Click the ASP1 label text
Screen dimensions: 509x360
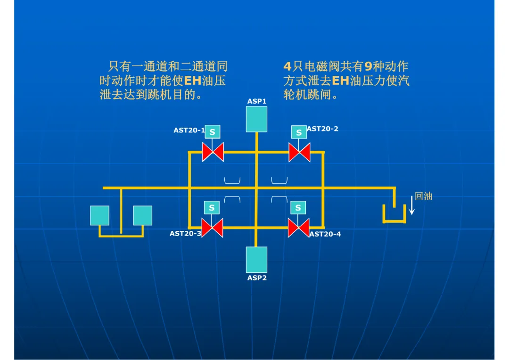pos(257,101)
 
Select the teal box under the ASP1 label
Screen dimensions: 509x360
pos(256,119)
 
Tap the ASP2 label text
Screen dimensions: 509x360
pos(257,278)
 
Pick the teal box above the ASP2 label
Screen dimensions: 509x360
pos(256,260)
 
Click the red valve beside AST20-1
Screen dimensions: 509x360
pos(213,152)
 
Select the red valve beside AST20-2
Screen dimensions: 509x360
pos(299,152)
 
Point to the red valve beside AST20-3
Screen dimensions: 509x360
pos(212,228)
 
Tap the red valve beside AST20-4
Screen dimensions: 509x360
pos(299,228)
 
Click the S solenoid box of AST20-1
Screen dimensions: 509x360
pos(212,132)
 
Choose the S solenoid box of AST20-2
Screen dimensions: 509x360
pos(299,132)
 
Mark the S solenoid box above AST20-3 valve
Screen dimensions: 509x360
pos(212,207)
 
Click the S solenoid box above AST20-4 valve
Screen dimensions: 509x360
pos(298,207)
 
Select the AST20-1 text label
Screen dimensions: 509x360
pos(189,130)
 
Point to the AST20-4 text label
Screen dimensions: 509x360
pos(325,234)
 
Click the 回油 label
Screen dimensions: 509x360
pos(423,196)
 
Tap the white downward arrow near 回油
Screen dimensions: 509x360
pos(411,205)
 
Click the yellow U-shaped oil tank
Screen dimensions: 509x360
pos(394,221)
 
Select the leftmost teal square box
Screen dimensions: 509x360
pos(99,215)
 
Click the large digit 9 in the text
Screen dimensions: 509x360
pos(368,66)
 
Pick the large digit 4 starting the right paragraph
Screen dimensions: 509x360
pos(287,66)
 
